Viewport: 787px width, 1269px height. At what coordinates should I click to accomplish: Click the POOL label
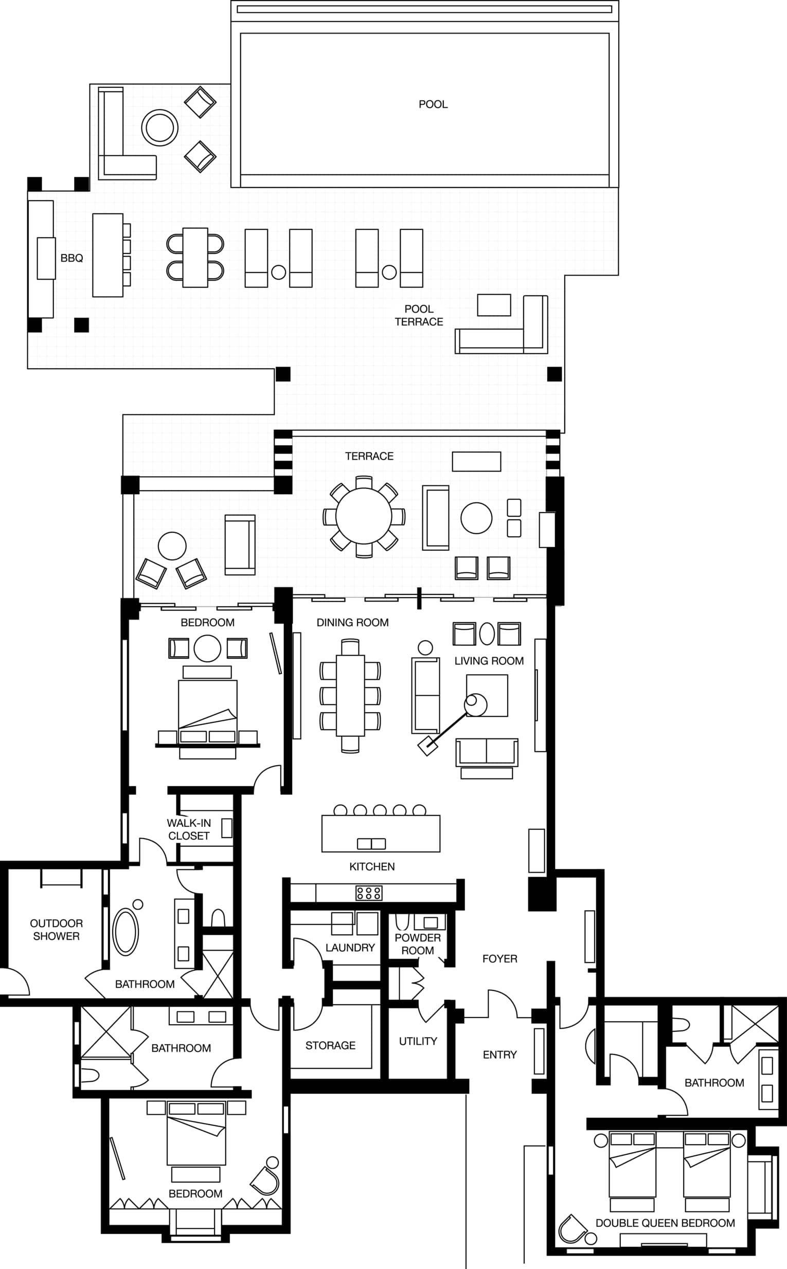[433, 104]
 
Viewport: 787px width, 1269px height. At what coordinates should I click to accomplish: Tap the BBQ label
[72, 258]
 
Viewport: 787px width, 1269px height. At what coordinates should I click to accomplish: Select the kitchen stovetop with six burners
[369, 893]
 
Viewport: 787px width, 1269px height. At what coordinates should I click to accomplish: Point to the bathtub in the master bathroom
[126, 932]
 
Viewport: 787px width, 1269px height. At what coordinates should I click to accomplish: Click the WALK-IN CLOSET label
[189, 829]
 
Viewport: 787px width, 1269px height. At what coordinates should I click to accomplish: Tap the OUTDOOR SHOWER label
[56, 930]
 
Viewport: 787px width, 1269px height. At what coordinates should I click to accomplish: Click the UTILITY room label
[418, 1041]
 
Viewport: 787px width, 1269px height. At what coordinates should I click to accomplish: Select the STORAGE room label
[331, 1045]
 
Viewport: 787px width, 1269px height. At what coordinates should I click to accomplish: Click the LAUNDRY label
[350, 948]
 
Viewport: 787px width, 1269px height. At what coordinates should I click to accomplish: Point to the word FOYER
[499, 958]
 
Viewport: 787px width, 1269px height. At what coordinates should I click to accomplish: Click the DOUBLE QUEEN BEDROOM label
[665, 1223]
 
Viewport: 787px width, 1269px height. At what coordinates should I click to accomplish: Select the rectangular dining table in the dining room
[350, 696]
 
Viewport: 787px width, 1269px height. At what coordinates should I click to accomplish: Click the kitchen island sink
[371, 844]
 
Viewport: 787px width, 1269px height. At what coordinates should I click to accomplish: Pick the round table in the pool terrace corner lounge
[160, 128]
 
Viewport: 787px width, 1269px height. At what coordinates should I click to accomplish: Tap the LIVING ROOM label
[489, 661]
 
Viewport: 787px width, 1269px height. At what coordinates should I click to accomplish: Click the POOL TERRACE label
[419, 315]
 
